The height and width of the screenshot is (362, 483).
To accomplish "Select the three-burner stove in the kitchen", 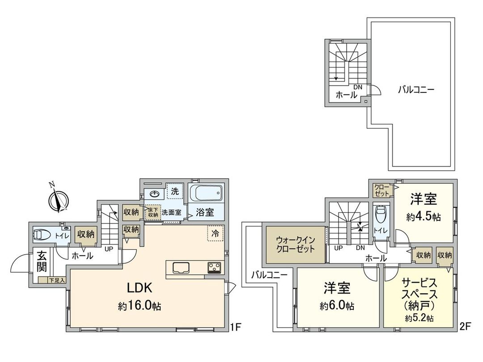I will pos(214,267).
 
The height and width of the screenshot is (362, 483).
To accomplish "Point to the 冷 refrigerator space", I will pos(216,233).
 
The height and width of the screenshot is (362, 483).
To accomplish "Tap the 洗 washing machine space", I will pos(175,191).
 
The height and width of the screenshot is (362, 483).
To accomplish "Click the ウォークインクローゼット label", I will pos(295,244).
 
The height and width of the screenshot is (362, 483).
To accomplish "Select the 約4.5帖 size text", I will pos(423,217).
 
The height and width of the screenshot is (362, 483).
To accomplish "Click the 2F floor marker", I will pos(466,327).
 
